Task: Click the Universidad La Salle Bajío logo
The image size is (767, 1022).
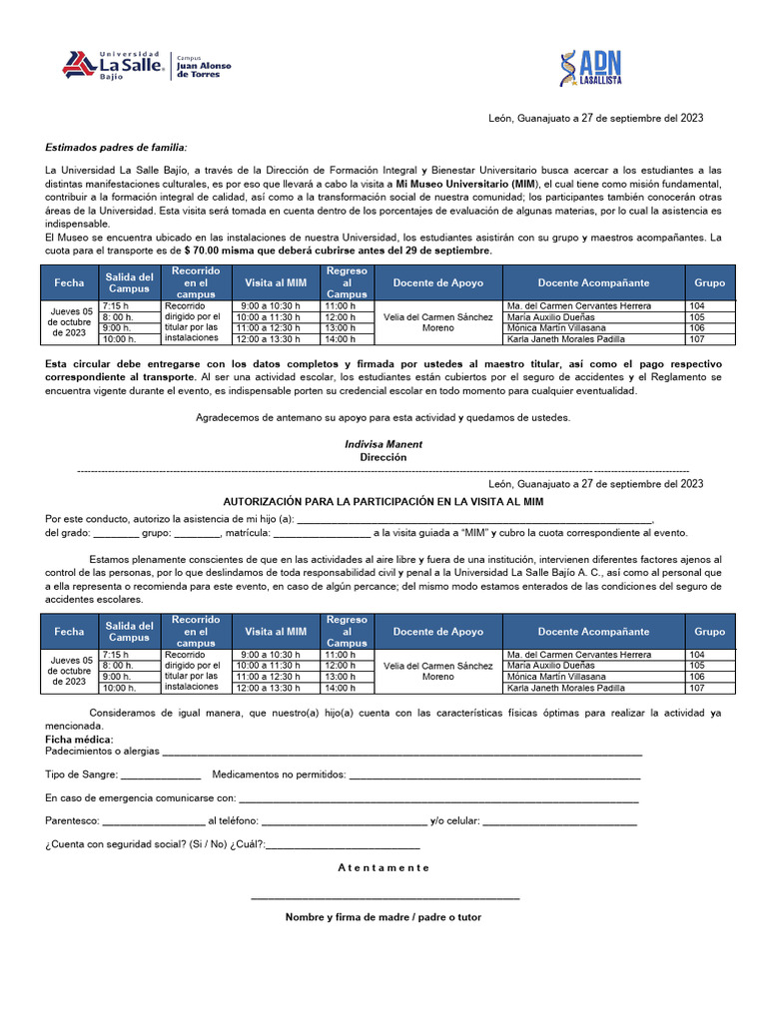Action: [x=112, y=65]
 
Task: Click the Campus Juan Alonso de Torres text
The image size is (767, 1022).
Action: [x=204, y=67]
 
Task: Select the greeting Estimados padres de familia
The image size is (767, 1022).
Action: [x=116, y=147]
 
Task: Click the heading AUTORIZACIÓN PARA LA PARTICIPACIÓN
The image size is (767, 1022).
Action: [x=383, y=500]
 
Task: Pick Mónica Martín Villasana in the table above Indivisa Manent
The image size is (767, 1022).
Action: [x=556, y=327]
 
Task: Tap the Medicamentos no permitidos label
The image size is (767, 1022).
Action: [x=280, y=774]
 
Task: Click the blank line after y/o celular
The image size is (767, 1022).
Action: [x=559, y=821]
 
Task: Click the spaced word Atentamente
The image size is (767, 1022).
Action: [x=383, y=867]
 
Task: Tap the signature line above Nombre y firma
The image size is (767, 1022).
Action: [x=385, y=898]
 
